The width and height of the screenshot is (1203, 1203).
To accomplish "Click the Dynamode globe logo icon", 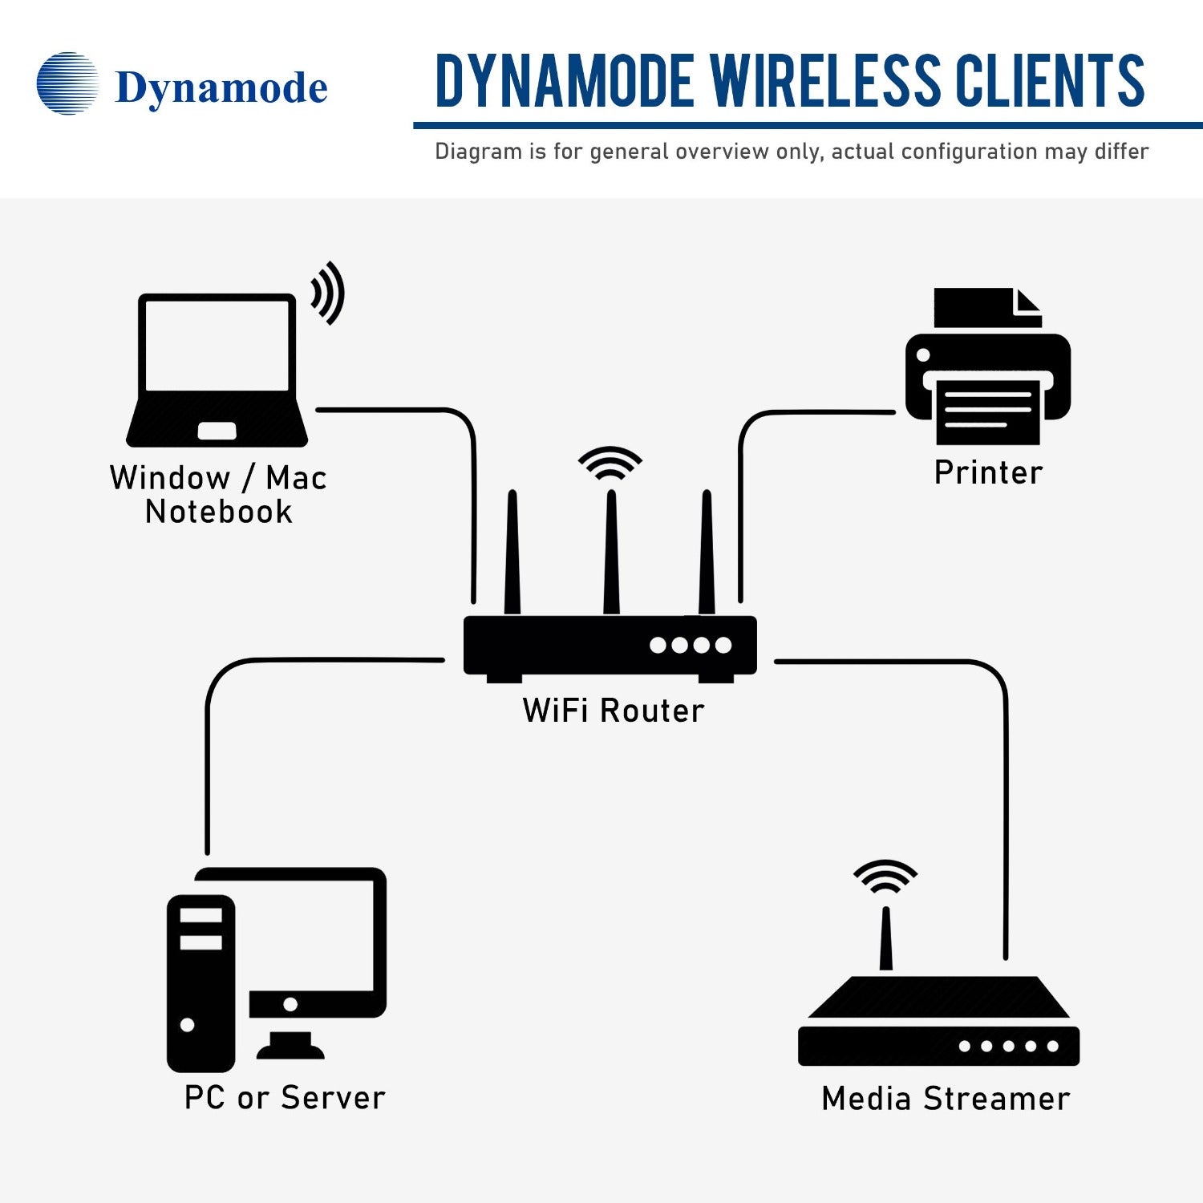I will [x=67, y=83].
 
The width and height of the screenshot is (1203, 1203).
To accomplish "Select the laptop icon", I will [x=217, y=369].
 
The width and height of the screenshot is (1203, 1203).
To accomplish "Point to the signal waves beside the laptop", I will [x=328, y=293].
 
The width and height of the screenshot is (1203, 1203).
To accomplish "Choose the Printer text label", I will [x=988, y=472].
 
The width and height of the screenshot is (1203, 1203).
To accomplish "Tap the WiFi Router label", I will [x=613, y=711].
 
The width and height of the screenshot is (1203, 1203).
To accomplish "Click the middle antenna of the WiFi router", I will [x=611, y=553].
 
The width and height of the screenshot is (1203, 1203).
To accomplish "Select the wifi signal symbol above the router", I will [x=610, y=464].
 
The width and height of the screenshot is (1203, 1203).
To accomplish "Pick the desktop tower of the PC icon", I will [x=200, y=982].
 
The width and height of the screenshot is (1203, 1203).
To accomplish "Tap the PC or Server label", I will [x=285, y=1098].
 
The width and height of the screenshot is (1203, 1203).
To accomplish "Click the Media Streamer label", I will [x=946, y=1099].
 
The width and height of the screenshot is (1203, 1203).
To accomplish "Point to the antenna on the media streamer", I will [x=885, y=938].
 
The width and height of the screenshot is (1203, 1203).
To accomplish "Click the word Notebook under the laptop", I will [x=218, y=512].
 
